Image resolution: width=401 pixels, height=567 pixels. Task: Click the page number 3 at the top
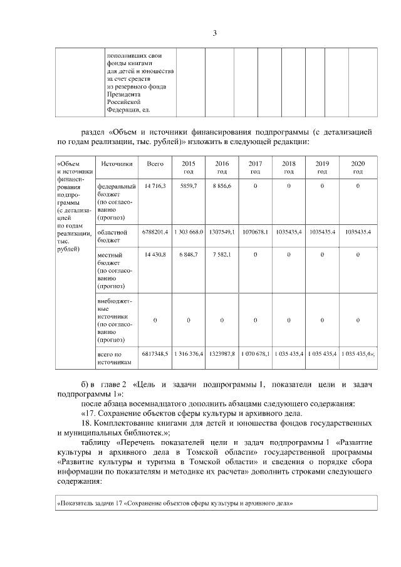coord(214,33)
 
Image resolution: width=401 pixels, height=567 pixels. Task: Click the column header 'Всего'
coord(155,164)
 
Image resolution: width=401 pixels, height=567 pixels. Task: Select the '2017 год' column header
coord(255,167)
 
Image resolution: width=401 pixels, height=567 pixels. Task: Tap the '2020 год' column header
coord(358,167)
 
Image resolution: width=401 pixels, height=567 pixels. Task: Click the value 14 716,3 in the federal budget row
coord(155,187)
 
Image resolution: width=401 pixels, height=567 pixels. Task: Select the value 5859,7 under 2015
coord(189,187)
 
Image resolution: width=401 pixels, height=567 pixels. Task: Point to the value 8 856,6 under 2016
coord(222,187)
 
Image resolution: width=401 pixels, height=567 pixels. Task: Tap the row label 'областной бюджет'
coord(113,236)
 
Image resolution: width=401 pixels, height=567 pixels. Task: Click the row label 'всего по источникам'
coord(113,358)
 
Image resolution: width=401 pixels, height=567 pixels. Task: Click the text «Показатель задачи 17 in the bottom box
coord(175,503)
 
